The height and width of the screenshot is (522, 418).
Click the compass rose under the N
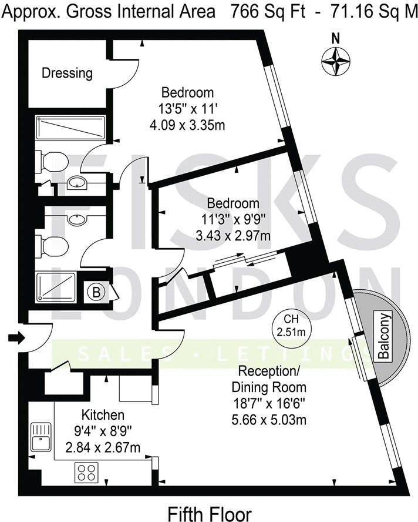pos(336,61)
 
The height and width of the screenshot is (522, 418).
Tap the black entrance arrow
pos(16,338)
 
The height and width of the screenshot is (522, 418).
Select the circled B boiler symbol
pos(96,293)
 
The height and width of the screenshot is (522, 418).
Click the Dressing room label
pos(67,73)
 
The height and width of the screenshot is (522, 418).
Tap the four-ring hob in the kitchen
pos(86,473)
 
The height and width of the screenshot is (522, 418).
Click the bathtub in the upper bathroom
pos(71,128)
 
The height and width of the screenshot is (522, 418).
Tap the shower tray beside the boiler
pos(56,287)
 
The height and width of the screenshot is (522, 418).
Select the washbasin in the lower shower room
pos(77,219)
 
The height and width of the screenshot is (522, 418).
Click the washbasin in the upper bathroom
pos(77,182)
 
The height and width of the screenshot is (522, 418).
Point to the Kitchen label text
pos(103,415)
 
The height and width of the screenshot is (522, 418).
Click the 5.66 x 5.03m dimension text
pos(269,420)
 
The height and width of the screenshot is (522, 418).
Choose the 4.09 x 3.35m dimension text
pos(187,125)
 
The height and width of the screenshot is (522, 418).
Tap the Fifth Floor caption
pos(210,514)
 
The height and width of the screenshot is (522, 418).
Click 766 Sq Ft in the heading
pos(268,12)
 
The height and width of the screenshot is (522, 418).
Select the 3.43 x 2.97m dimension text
pos(233,236)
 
